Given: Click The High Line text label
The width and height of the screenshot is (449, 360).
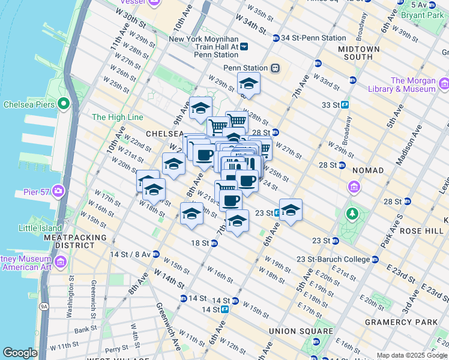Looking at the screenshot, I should click(118, 117).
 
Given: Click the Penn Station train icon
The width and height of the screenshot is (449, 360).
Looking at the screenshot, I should click(276, 68).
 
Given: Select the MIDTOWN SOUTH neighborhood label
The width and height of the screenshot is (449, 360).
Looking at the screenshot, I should click(359, 53).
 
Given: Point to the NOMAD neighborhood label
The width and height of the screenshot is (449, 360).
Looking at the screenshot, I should click(368, 170).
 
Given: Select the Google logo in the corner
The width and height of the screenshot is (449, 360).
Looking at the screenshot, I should click(20, 353).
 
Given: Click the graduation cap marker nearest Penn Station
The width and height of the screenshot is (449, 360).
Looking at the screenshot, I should click(249, 84).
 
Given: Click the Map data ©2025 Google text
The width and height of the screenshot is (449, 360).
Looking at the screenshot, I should click(412, 355).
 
